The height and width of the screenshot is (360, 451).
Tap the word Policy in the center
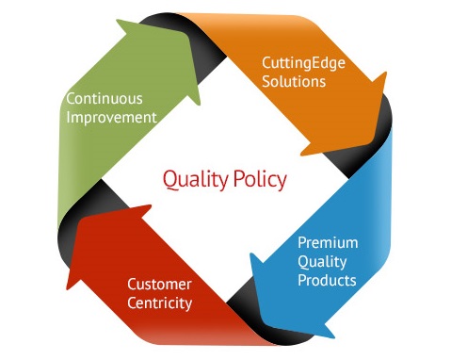click(260, 180)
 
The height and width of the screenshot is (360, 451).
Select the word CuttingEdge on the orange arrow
click(303, 63)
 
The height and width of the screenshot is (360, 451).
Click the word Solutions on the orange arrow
click(294, 81)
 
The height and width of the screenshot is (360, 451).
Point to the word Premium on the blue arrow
click(328, 242)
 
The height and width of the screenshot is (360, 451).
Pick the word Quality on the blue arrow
click(322, 261)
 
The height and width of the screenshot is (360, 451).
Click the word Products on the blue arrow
click(327, 280)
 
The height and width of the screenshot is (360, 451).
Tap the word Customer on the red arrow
click(159, 285)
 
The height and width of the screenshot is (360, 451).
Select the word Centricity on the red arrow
click(159, 303)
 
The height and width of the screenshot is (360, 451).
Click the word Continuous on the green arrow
click(105, 99)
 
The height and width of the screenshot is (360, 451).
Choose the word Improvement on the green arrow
click(111, 118)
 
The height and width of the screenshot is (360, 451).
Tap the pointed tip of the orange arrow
click(386, 73)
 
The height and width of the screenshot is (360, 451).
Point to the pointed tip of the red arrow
click(67, 288)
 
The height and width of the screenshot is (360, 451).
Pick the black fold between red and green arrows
click(85, 214)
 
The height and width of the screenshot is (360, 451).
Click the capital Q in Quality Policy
click(170, 180)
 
